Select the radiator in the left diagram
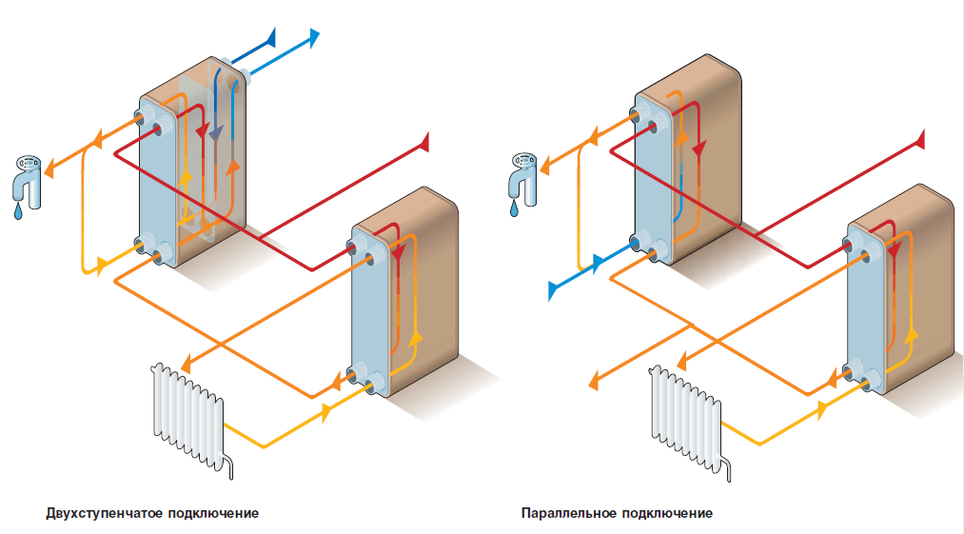pos(188,409)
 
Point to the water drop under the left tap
pos(17,213)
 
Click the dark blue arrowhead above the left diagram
pos(270,37)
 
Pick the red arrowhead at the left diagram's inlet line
pos(423,142)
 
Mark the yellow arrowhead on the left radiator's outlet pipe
pos(328,410)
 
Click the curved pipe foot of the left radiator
pos(228,465)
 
